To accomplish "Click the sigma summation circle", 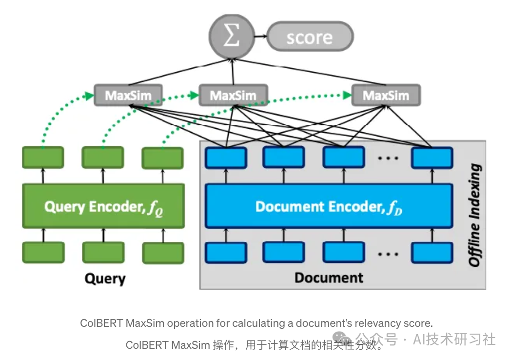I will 232,37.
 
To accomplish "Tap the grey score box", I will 310,37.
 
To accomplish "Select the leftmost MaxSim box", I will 128,95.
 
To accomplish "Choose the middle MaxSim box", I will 233,95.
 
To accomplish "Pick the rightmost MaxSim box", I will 386,95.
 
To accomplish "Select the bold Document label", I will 329,278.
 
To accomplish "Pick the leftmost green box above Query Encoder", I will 43,158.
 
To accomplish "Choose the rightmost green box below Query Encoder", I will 163,253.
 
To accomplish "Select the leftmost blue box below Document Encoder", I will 226,252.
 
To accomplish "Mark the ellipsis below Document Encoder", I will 388,253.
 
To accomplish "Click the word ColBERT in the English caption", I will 100,323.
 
